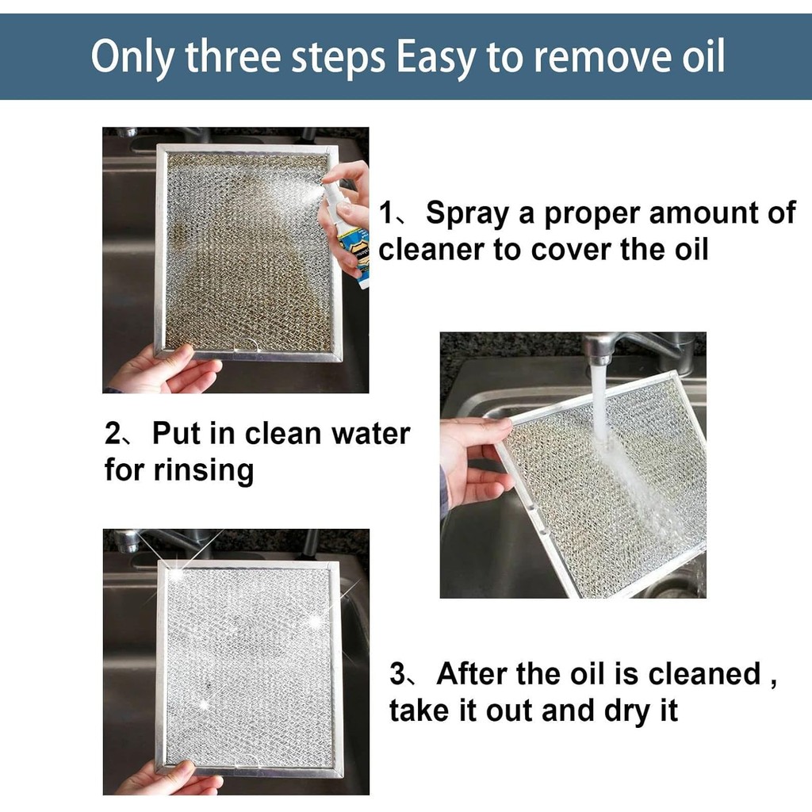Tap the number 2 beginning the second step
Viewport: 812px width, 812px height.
[113, 435]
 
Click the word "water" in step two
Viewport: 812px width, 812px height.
[369, 435]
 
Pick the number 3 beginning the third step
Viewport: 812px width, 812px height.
[398, 676]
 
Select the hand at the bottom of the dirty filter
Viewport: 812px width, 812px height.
[163, 371]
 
